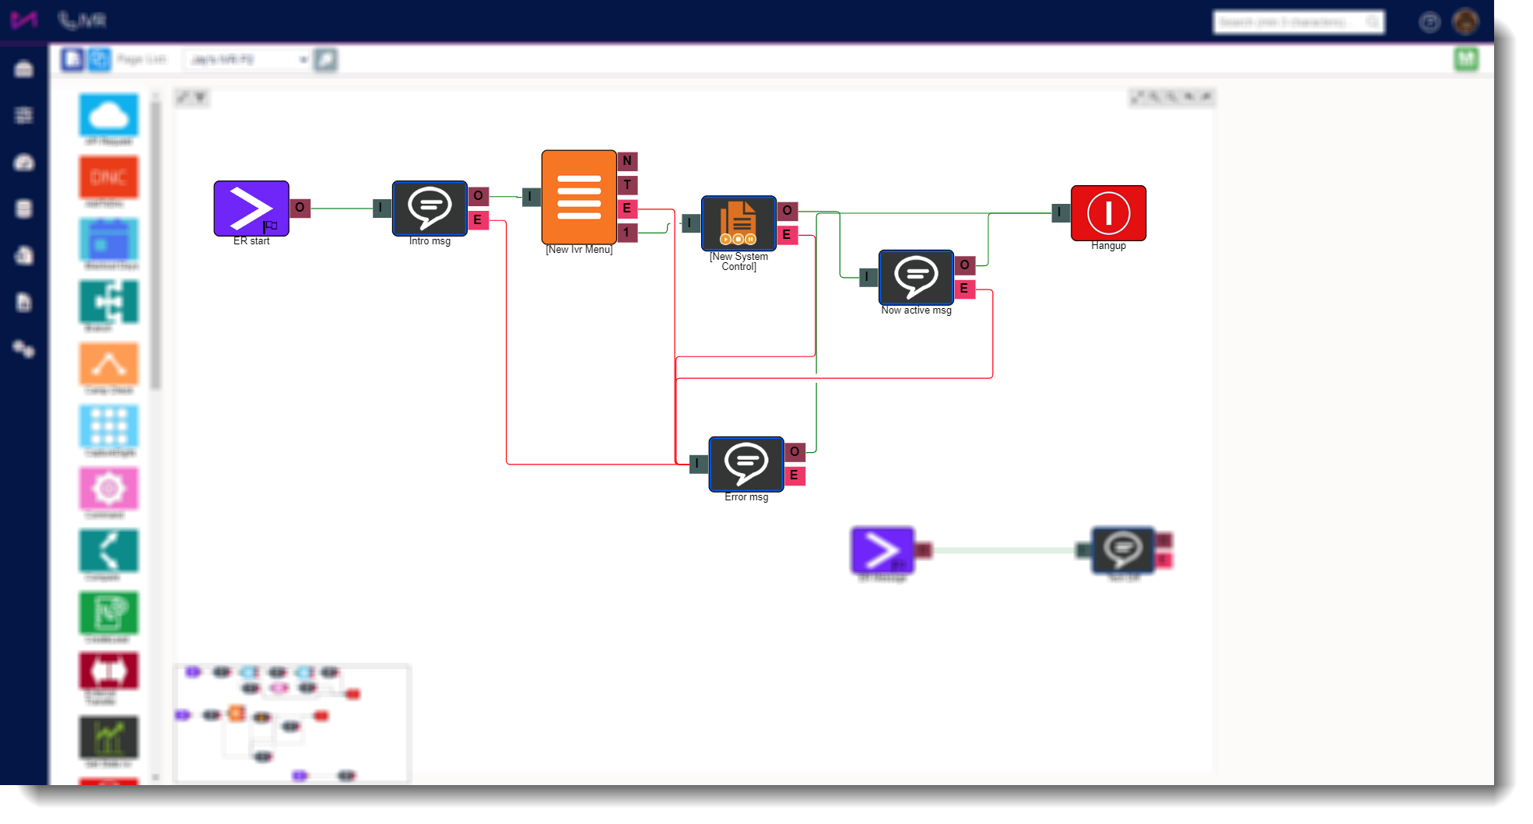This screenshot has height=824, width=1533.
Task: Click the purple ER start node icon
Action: point(251,209)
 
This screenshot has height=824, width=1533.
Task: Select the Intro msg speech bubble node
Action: point(430,209)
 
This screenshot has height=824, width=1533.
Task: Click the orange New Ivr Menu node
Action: point(579,197)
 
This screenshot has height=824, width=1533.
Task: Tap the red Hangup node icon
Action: point(1108,213)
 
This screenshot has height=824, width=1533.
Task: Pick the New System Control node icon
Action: point(738,223)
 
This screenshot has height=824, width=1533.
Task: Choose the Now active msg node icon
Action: point(916,277)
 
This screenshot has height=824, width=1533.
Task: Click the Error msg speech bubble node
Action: point(746,464)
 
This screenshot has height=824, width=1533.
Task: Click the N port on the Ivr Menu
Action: point(627,161)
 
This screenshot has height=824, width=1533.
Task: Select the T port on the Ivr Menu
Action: point(627,185)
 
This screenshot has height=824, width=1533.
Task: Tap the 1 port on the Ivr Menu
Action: point(627,232)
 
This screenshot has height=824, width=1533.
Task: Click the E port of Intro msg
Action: point(478,220)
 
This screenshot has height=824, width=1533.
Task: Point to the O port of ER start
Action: point(300,208)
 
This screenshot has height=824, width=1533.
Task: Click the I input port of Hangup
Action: point(1060,212)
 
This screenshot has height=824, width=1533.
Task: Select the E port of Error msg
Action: point(795,475)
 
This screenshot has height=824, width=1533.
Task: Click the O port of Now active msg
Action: point(965,265)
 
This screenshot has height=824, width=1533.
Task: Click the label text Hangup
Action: point(1108,246)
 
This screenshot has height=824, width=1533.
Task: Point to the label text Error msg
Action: point(746,497)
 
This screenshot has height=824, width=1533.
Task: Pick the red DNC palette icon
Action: point(109,177)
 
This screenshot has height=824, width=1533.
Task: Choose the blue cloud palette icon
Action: point(109,115)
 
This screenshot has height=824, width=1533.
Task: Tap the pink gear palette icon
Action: point(109,489)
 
